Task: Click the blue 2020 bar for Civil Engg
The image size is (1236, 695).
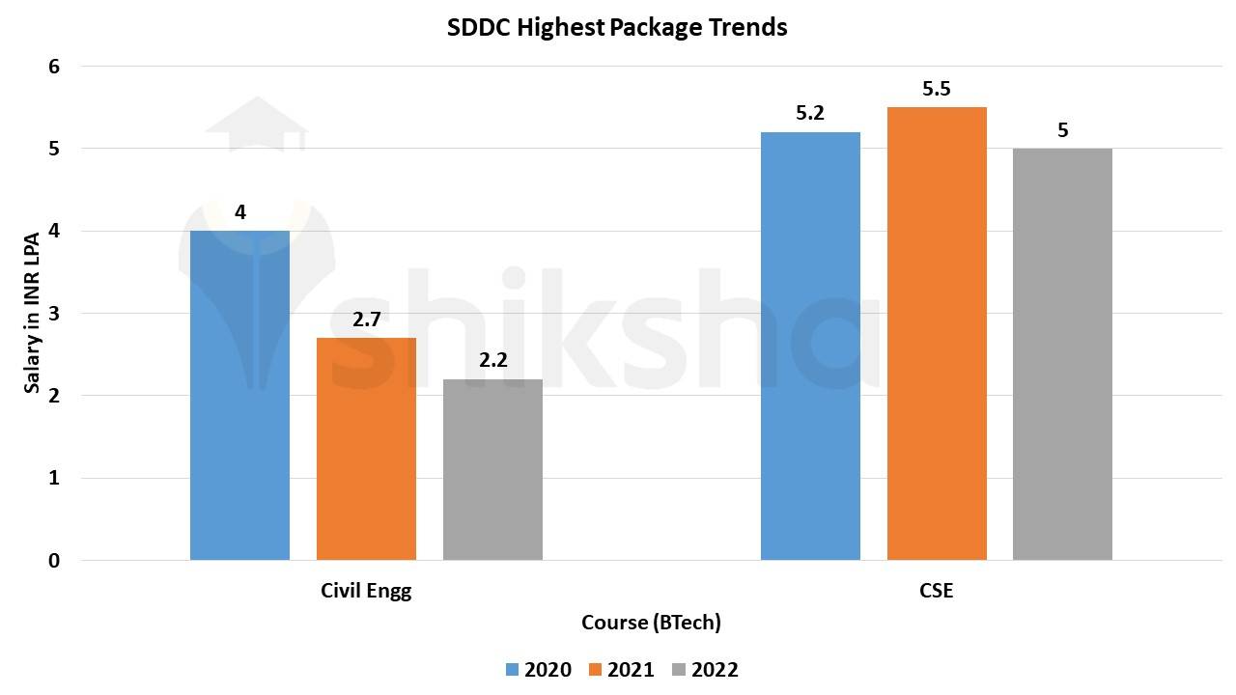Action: [239, 396]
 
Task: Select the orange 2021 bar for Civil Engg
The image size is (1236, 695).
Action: [366, 449]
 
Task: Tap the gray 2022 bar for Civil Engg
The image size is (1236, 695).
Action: [492, 470]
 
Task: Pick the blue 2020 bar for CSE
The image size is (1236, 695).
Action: [810, 346]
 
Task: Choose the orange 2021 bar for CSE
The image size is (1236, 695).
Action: [937, 333]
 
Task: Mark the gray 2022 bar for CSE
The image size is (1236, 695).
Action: [1062, 354]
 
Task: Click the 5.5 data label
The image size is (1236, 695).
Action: [937, 90]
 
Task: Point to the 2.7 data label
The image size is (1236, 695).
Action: [366, 320]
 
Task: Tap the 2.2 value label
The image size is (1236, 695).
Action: [492, 361]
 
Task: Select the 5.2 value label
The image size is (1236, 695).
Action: [810, 114]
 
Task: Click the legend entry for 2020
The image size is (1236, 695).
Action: [538, 670]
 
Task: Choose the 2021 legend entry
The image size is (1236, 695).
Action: [621, 670]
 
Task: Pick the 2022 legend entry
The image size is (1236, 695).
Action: [705, 670]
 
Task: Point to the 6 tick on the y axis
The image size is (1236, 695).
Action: [54, 67]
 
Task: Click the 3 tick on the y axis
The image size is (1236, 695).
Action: [54, 314]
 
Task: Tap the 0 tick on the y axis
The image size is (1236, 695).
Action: [54, 561]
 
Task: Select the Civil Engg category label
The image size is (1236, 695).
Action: [366, 591]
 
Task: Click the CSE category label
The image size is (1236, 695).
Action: [936, 591]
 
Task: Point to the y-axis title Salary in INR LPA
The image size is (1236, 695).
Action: [33, 314]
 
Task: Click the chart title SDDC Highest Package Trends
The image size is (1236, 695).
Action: [617, 28]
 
